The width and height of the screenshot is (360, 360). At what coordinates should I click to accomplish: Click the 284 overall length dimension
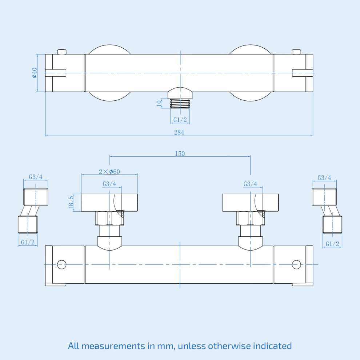(179, 132)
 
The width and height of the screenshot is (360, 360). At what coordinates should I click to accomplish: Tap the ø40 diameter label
(35, 73)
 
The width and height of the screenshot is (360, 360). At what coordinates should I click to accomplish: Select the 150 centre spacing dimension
(180, 153)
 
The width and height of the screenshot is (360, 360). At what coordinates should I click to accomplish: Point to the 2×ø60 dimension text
(109, 172)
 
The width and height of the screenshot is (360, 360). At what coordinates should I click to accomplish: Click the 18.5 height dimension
(71, 202)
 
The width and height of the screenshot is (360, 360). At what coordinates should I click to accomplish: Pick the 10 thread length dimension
(159, 103)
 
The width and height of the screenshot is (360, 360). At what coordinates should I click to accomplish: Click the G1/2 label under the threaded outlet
(180, 120)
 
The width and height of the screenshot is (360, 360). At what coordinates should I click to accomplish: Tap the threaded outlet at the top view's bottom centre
(180, 103)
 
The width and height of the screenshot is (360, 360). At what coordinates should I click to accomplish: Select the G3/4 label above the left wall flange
(109, 184)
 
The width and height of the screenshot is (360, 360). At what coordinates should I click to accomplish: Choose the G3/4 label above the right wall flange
(250, 184)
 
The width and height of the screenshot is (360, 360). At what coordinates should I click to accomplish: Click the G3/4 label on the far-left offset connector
(36, 177)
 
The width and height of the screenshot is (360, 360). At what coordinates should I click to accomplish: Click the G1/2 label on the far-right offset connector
(332, 244)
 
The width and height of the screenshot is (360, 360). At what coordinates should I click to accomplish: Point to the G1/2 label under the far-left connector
(28, 242)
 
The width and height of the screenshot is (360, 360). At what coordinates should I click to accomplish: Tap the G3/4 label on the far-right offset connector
(324, 177)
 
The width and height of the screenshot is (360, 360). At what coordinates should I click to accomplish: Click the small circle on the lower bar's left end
(62, 264)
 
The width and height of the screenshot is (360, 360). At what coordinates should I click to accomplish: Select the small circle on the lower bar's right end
(296, 264)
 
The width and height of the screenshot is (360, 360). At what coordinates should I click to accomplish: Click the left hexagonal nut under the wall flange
(109, 218)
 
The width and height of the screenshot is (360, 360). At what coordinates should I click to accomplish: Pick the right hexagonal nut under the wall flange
(250, 218)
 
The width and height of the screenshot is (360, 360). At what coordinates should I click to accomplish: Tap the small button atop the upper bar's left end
(62, 52)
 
